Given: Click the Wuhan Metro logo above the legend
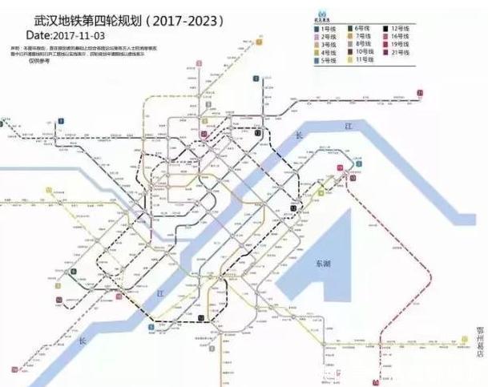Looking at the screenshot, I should [321, 14].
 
